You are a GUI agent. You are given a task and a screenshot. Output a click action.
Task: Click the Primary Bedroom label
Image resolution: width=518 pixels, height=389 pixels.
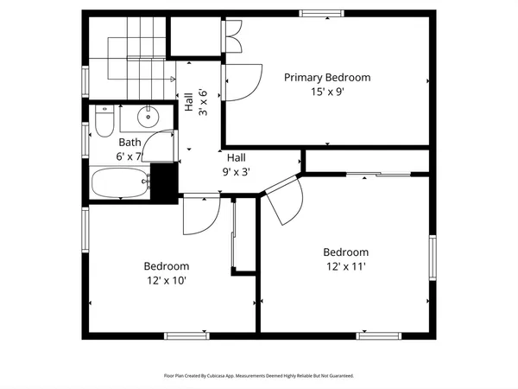[327, 78]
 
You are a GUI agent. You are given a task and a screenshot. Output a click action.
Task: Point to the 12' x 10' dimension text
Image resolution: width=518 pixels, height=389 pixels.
[167, 280]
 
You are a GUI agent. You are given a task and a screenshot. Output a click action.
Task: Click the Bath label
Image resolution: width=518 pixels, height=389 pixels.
[129, 143]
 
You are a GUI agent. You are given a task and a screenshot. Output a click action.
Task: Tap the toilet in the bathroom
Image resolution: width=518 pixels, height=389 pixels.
[103, 121]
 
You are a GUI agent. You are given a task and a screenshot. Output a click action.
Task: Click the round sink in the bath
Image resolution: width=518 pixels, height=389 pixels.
[146, 116]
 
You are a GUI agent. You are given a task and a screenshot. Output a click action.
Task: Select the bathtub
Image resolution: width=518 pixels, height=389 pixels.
[120, 182]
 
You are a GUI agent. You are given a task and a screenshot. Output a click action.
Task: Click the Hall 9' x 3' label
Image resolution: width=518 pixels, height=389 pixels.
[237, 164]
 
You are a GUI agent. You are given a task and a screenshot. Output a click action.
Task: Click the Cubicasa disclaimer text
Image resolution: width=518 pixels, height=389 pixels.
[259, 376]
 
